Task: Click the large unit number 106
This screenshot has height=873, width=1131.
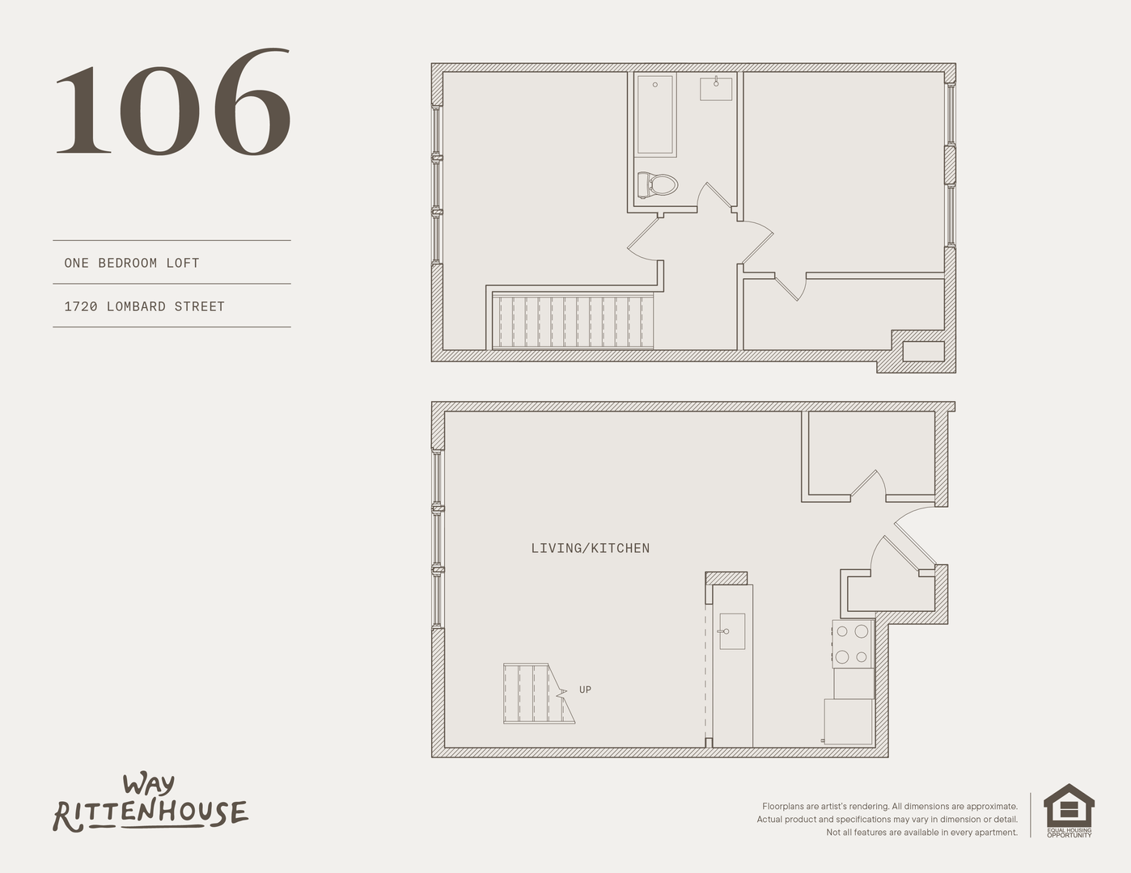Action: [173, 102]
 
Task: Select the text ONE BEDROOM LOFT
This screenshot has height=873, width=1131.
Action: [132, 263]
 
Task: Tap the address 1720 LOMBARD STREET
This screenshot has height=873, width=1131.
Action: [145, 307]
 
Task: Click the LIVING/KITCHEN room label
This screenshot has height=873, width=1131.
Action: [591, 548]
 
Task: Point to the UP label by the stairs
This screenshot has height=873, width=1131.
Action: [585, 690]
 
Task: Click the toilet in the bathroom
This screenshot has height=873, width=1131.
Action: [658, 184]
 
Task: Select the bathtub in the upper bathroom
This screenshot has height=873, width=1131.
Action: [655, 115]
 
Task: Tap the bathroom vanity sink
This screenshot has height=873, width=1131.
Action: [716, 88]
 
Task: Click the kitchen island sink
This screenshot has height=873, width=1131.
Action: [731, 631]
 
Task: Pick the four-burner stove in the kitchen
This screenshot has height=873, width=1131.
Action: [853, 643]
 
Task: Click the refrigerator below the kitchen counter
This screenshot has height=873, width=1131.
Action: [849, 722]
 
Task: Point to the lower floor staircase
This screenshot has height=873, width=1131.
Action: [539, 693]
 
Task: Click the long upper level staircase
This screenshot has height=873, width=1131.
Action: [573, 322]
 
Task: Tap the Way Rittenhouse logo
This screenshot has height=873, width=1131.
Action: [150, 803]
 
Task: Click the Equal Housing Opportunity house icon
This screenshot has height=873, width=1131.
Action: [1069, 811]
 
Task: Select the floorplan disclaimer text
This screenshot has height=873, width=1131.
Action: [887, 820]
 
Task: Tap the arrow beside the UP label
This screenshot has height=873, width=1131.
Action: [561, 693]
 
